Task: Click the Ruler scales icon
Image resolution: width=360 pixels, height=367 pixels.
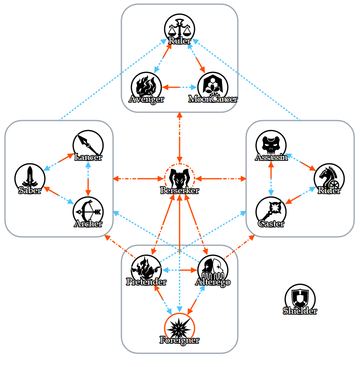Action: (180, 28)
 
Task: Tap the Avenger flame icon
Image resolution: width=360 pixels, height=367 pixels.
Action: (146, 86)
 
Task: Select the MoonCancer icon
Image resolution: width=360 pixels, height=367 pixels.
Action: (213, 86)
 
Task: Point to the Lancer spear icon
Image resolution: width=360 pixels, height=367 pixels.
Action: (88, 144)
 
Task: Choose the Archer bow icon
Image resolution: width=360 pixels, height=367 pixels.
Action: (88, 211)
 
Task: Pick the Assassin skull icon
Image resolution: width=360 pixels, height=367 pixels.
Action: (271, 144)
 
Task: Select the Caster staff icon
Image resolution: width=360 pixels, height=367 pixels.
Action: (271, 211)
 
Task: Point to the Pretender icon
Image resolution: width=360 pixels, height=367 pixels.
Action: (146, 269)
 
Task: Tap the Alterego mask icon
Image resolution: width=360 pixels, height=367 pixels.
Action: (213, 269)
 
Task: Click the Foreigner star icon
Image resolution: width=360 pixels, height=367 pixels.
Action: (180, 327)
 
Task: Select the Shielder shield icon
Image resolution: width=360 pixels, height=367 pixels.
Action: (300, 298)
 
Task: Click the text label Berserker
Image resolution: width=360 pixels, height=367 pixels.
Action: (180, 191)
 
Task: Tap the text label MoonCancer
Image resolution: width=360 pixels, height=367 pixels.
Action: (213, 99)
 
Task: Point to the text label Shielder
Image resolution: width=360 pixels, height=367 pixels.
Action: (300, 311)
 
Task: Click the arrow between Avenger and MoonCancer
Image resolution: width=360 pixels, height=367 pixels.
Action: (180, 87)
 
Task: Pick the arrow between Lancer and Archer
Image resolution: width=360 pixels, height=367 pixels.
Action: (88, 179)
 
